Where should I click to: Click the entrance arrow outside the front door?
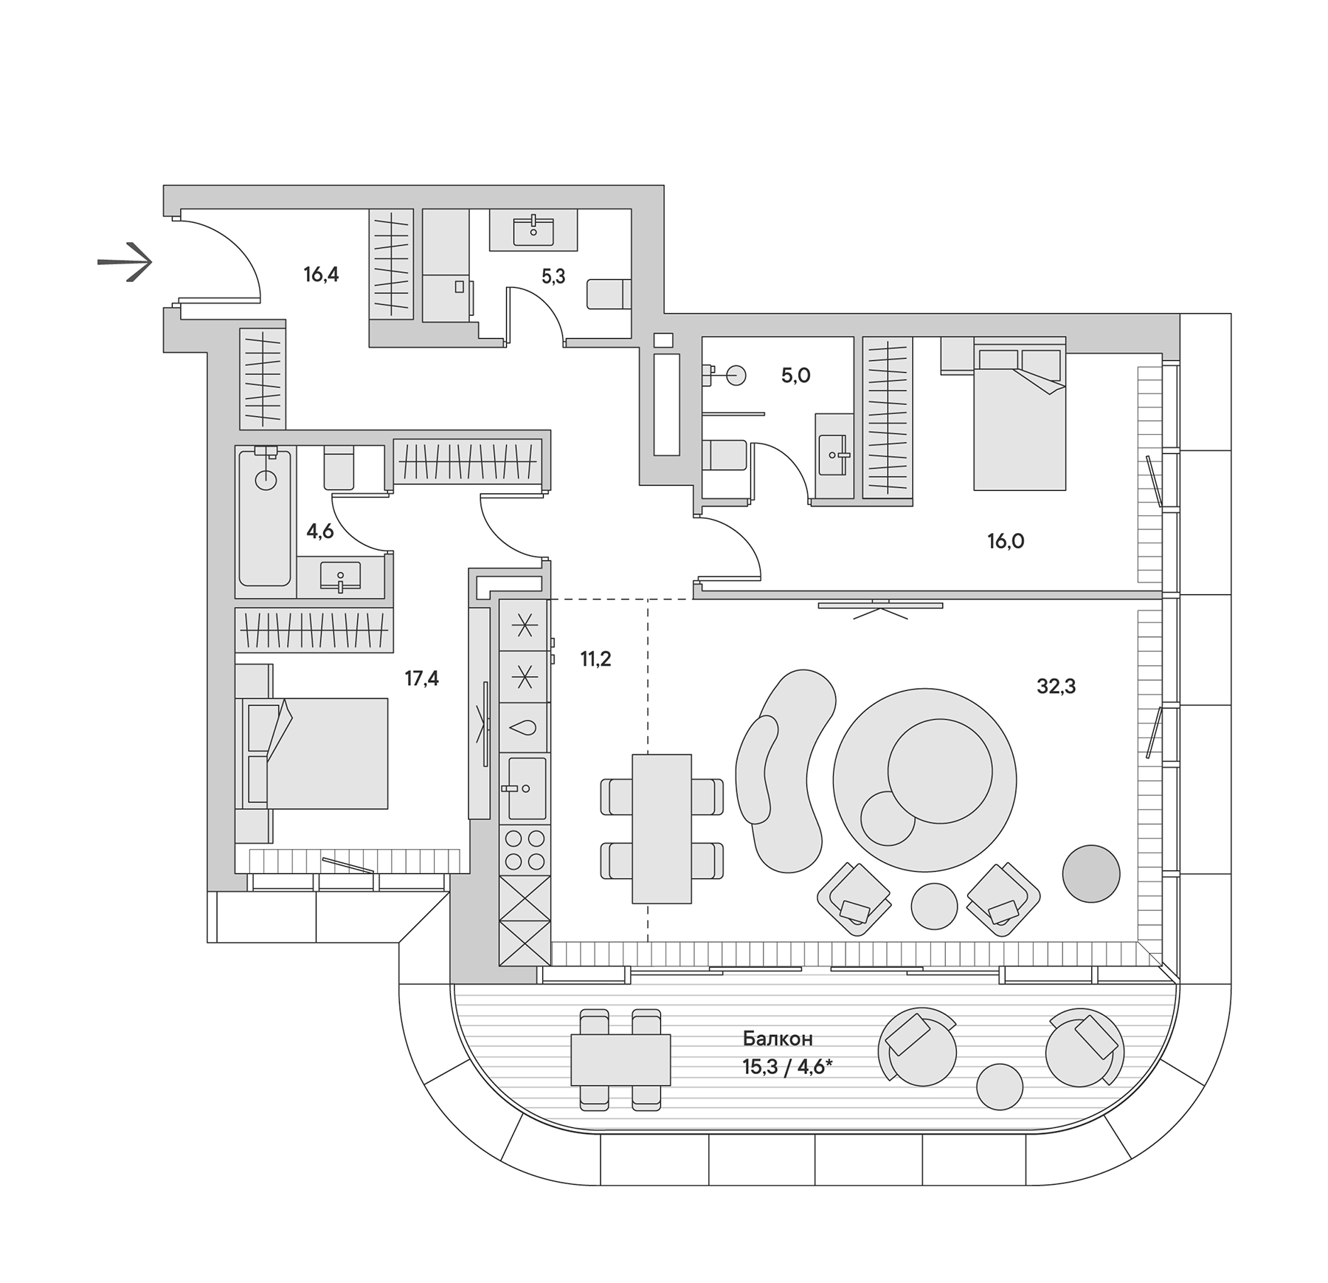point(126,261)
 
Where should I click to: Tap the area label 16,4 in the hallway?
point(321,275)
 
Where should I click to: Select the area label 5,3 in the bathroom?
point(553,276)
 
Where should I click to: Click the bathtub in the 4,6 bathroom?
point(265,517)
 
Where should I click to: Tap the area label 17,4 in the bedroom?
point(422,678)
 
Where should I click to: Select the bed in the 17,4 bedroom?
point(317,753)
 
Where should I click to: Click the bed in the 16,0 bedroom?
point(1020,417)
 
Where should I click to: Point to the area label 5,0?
point(796,376)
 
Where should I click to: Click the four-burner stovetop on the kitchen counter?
point(525,850)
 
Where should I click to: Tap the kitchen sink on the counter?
point(525,788)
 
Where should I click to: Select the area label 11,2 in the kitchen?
point(595,659)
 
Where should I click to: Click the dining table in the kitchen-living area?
point(662,828)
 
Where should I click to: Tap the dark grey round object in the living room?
point(1091,874)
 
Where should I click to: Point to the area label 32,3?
point(1056,687)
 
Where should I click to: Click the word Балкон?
point(778,1039)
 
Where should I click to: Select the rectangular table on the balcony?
point(620,1059)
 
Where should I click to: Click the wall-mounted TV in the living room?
point(880,606)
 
